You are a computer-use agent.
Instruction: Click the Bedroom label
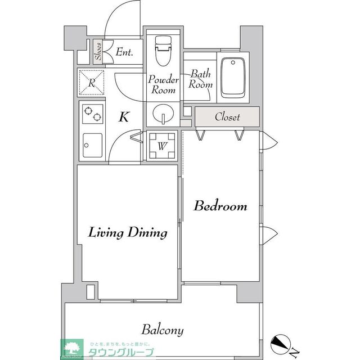[x=220, y=206]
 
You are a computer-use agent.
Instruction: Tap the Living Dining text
[x=128, y=232]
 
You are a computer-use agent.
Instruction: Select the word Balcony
[x=162, y=330]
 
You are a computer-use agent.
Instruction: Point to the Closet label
[x=227, y=117]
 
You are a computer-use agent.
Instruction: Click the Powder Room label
[x=163, y=85]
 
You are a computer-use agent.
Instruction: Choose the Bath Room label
[x=200, y=79]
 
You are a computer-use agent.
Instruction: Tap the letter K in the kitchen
[x=124, y=117]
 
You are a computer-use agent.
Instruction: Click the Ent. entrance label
[x=124, y=52]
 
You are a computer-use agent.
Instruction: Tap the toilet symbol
[x=163, y=51]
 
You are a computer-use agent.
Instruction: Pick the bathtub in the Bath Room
[x=233, y=76]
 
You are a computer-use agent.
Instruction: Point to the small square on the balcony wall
[x=91, y=292]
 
